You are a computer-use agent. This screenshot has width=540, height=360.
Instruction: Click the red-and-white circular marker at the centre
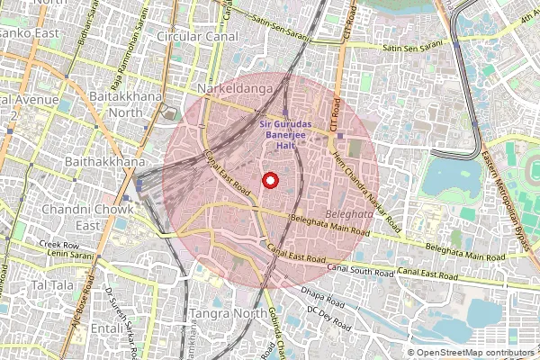click(x=269, y=181)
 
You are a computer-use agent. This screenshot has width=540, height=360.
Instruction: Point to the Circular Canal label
click(x=197, y=37)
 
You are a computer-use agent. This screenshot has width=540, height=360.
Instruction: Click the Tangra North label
click(x=223, y=313)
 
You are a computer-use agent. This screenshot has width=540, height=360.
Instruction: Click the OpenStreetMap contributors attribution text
click(x=475, y=353)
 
